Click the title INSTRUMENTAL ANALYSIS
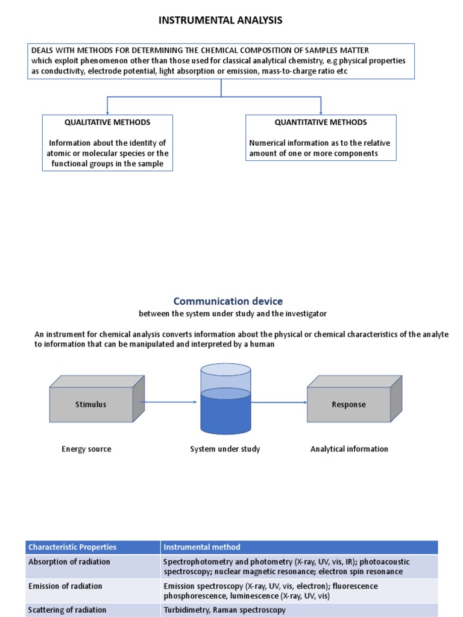click(220, 20)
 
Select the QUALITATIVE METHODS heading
click(107, 122)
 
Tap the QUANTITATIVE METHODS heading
click(321, 122)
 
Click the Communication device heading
click(228, 301)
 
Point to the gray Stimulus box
click(91, 404)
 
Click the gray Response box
click(348, 404)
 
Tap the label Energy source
click(86, 449)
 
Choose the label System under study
click(225, 449)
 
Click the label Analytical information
click(349, 449)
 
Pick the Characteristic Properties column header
click(72, 547)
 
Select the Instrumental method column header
click(202, 547)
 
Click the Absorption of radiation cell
click(69, 562)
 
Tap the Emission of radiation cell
click(65, 586)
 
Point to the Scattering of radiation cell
click(67, 610)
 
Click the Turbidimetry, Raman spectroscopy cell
click(224, 610)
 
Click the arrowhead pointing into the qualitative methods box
click(107, 112)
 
